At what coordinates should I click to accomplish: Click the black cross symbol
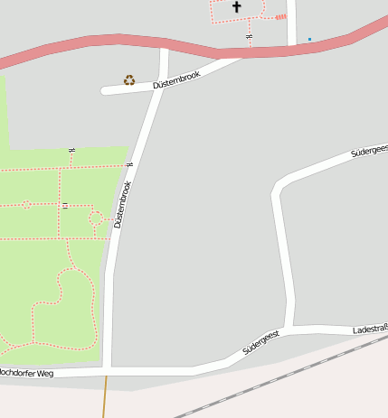point(237,7)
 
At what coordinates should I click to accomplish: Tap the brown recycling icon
point(129,80)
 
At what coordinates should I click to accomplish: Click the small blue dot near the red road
point(309,39)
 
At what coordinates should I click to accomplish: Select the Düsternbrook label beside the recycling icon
point(176,80)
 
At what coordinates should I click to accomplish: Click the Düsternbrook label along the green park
point(123,205)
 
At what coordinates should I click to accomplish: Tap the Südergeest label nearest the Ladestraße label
point(261,342)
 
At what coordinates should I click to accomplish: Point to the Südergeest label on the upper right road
point(369,150)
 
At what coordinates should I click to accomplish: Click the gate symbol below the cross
point(250,35)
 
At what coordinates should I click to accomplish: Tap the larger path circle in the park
point(96,218)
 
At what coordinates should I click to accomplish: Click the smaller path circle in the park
point(26,205)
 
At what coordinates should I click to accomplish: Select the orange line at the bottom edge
point(105,396)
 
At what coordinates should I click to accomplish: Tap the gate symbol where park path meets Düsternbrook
point(130,165)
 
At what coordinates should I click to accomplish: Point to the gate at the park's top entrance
point(71,149)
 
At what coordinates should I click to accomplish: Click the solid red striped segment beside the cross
point(280,16)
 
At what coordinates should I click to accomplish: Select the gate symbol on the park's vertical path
point(65,206)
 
